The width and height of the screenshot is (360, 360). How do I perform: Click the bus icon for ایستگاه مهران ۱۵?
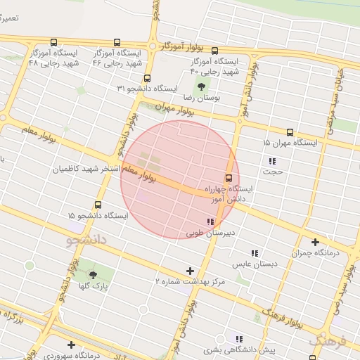290,132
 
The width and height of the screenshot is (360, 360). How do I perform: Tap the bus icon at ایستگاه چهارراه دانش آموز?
229,178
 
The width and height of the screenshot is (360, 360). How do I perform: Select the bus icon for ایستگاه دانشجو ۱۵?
97,205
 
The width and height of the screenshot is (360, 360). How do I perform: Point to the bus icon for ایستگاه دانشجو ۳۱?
147,79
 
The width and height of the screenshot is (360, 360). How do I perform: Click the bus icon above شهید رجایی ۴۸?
35,43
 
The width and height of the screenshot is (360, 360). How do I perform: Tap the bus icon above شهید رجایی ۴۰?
214,51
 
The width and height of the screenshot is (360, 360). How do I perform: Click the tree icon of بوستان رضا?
202,87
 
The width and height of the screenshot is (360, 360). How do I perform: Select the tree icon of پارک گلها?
93,276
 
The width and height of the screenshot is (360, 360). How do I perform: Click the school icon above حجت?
271,161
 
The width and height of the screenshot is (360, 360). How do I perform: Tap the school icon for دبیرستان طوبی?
210,221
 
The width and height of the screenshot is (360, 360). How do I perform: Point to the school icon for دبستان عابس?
255,253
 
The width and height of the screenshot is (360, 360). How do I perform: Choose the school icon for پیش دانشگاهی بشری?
239,339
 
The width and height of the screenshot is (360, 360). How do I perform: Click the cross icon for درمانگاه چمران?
315,242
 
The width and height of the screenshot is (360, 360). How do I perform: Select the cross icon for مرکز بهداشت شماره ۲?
189,271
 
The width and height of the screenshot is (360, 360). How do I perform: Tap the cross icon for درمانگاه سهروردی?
71,345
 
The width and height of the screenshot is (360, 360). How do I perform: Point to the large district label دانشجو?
86,240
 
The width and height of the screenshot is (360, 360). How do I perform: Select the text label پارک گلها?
92,287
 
